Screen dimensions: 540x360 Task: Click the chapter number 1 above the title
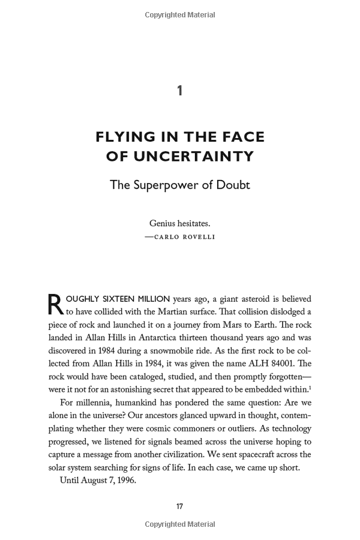point(180,91)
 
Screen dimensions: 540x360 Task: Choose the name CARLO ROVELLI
point(184,237)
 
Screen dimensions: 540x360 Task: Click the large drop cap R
point(55,304)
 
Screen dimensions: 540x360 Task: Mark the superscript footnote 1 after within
point(310,388)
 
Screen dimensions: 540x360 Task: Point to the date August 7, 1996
point(110,481)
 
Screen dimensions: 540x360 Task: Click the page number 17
point(179,506)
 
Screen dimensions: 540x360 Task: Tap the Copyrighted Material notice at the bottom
point(180,524)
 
